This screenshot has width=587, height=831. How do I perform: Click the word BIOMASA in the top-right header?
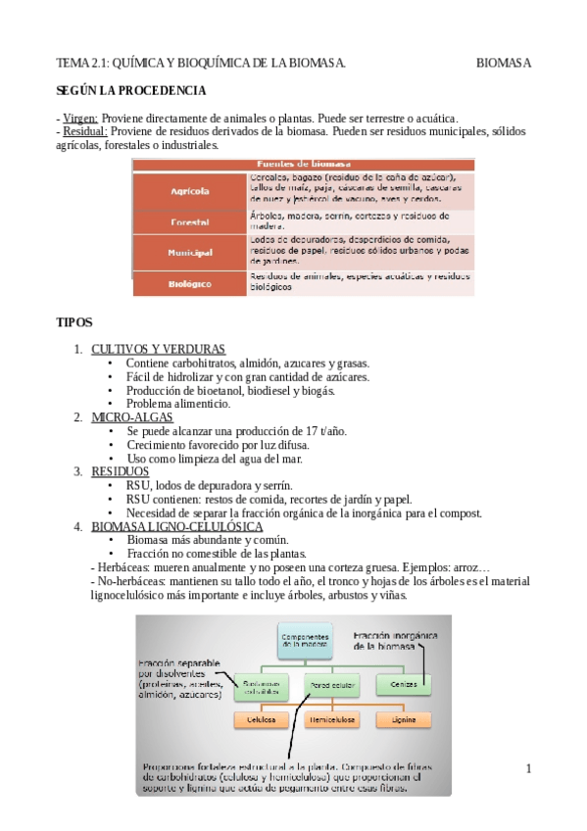(x=504, y=64)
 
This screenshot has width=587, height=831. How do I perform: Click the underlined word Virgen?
(x=79, y=117)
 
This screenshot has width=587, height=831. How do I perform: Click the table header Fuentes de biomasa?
(x=304, y=164)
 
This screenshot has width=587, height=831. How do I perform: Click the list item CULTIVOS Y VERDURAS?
(x=158, y=349)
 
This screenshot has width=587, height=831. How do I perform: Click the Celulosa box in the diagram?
(x=260, y=719)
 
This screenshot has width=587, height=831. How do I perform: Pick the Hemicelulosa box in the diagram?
(x=334, y=719)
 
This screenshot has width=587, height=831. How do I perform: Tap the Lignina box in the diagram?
(x=403, y=719)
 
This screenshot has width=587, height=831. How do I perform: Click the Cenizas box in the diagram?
(x=403, y=682)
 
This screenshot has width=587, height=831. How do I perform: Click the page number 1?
(x=528, y=767)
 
